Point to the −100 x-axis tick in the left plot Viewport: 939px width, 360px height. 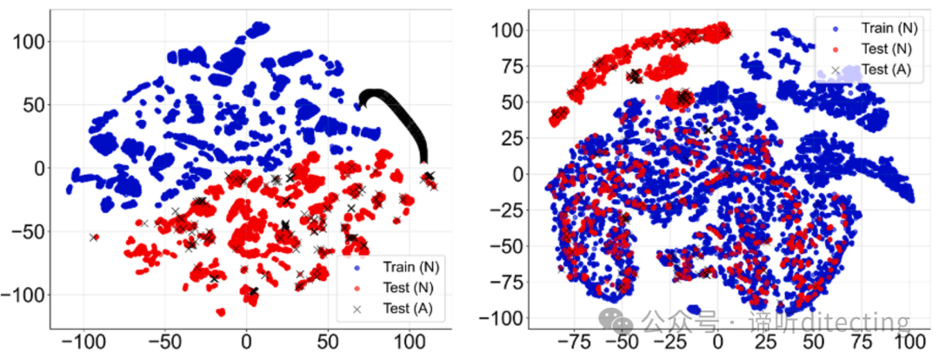click(83, 347)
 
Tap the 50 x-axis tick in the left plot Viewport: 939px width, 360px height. click(328, 347)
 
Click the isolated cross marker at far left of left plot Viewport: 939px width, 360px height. click(93, 237)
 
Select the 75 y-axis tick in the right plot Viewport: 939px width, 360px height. click(511, 66)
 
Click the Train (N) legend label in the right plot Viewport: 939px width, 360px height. click(886, 27)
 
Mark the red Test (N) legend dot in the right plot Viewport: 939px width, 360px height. click(835, 49)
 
